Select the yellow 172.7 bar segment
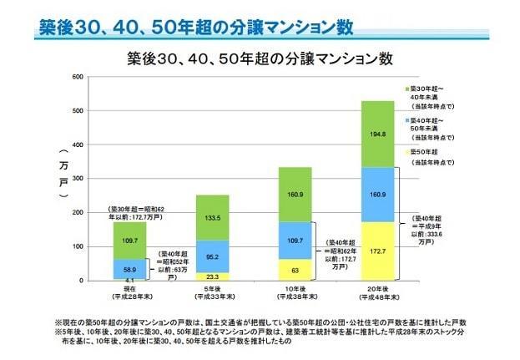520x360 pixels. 378,251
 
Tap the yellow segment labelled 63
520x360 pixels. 295,270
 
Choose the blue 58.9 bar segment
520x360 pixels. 129,268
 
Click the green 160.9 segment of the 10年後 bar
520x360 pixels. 295,194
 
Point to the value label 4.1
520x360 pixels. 121,279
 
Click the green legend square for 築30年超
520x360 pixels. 406,87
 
